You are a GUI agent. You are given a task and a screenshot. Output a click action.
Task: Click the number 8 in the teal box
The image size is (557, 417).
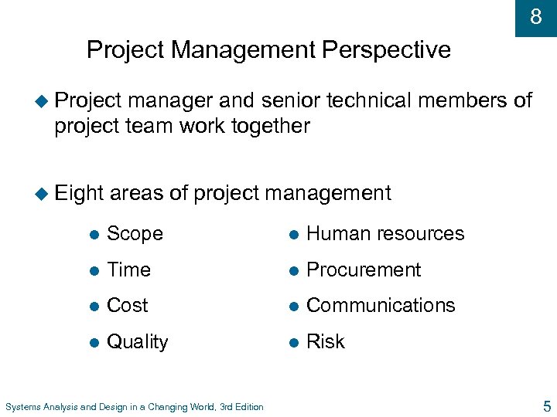[535, 16]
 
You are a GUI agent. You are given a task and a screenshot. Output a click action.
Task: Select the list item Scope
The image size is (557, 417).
[135, 233]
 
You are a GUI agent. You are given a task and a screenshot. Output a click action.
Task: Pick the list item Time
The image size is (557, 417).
[128, 270]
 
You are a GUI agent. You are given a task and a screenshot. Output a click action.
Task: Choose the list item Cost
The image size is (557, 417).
[127, 305]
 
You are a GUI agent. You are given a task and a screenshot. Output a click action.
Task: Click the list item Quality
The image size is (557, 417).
[137, 342]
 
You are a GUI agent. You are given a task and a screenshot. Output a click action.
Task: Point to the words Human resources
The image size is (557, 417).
[385, 233]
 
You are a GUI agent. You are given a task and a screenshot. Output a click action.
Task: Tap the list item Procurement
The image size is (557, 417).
[364, 270]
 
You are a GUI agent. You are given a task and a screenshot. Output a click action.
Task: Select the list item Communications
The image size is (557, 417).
[381, 305]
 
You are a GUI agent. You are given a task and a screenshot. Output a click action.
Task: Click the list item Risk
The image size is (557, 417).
[326, 341]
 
